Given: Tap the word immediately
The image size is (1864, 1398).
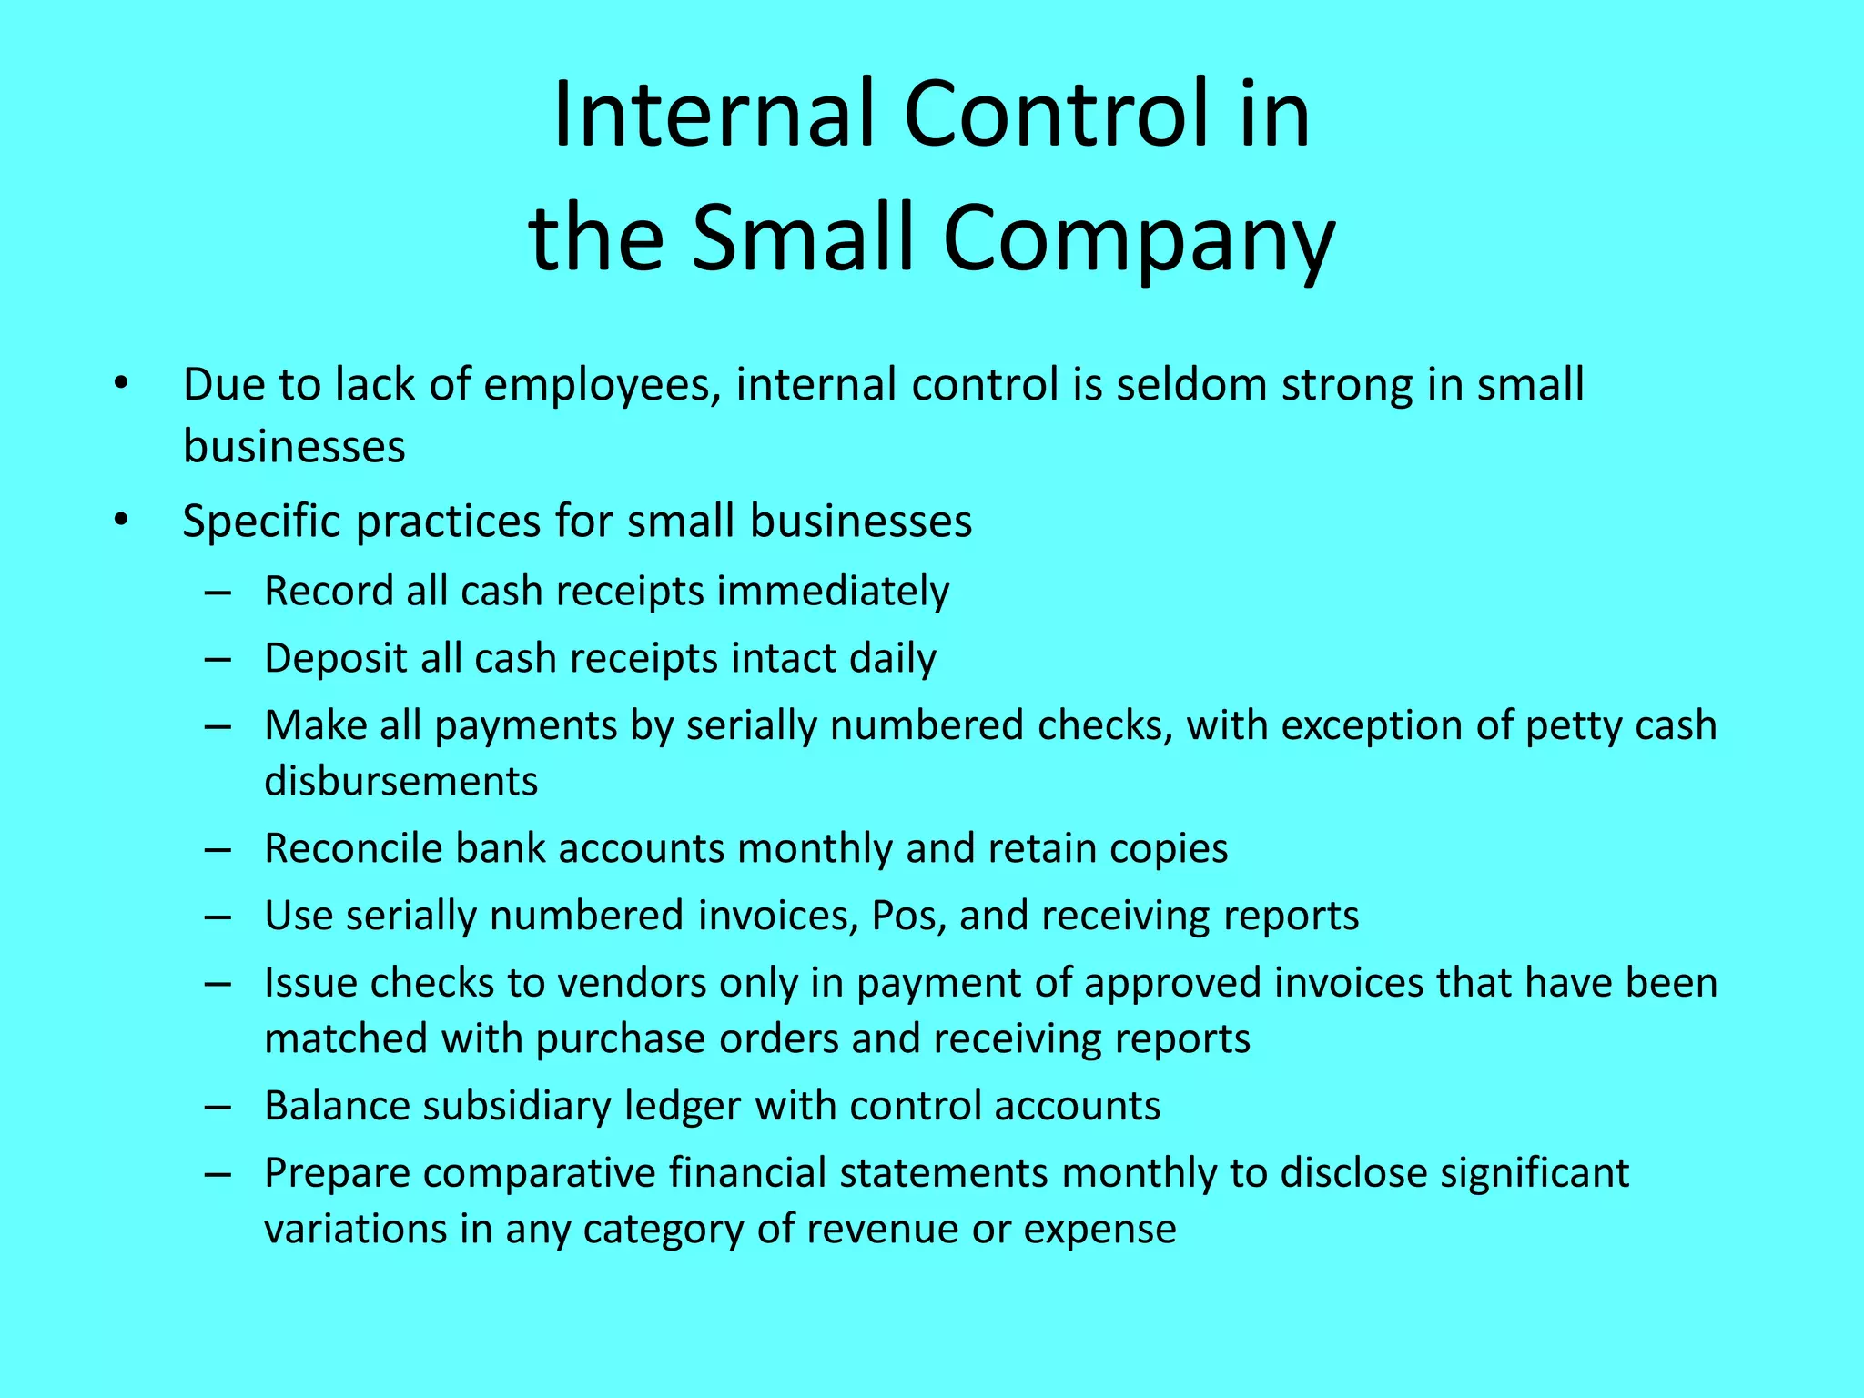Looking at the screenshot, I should click(x=833, y=592).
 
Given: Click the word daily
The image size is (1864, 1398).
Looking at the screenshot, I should click(x=892, y=659).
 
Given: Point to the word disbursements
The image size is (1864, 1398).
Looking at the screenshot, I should click(x=400, y=782).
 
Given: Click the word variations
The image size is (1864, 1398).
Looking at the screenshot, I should click(x=355, y=1229).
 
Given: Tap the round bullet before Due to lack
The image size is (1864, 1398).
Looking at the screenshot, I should click(x=122, y=385).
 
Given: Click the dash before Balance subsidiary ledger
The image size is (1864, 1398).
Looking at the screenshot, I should click(x=218, y=1107).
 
